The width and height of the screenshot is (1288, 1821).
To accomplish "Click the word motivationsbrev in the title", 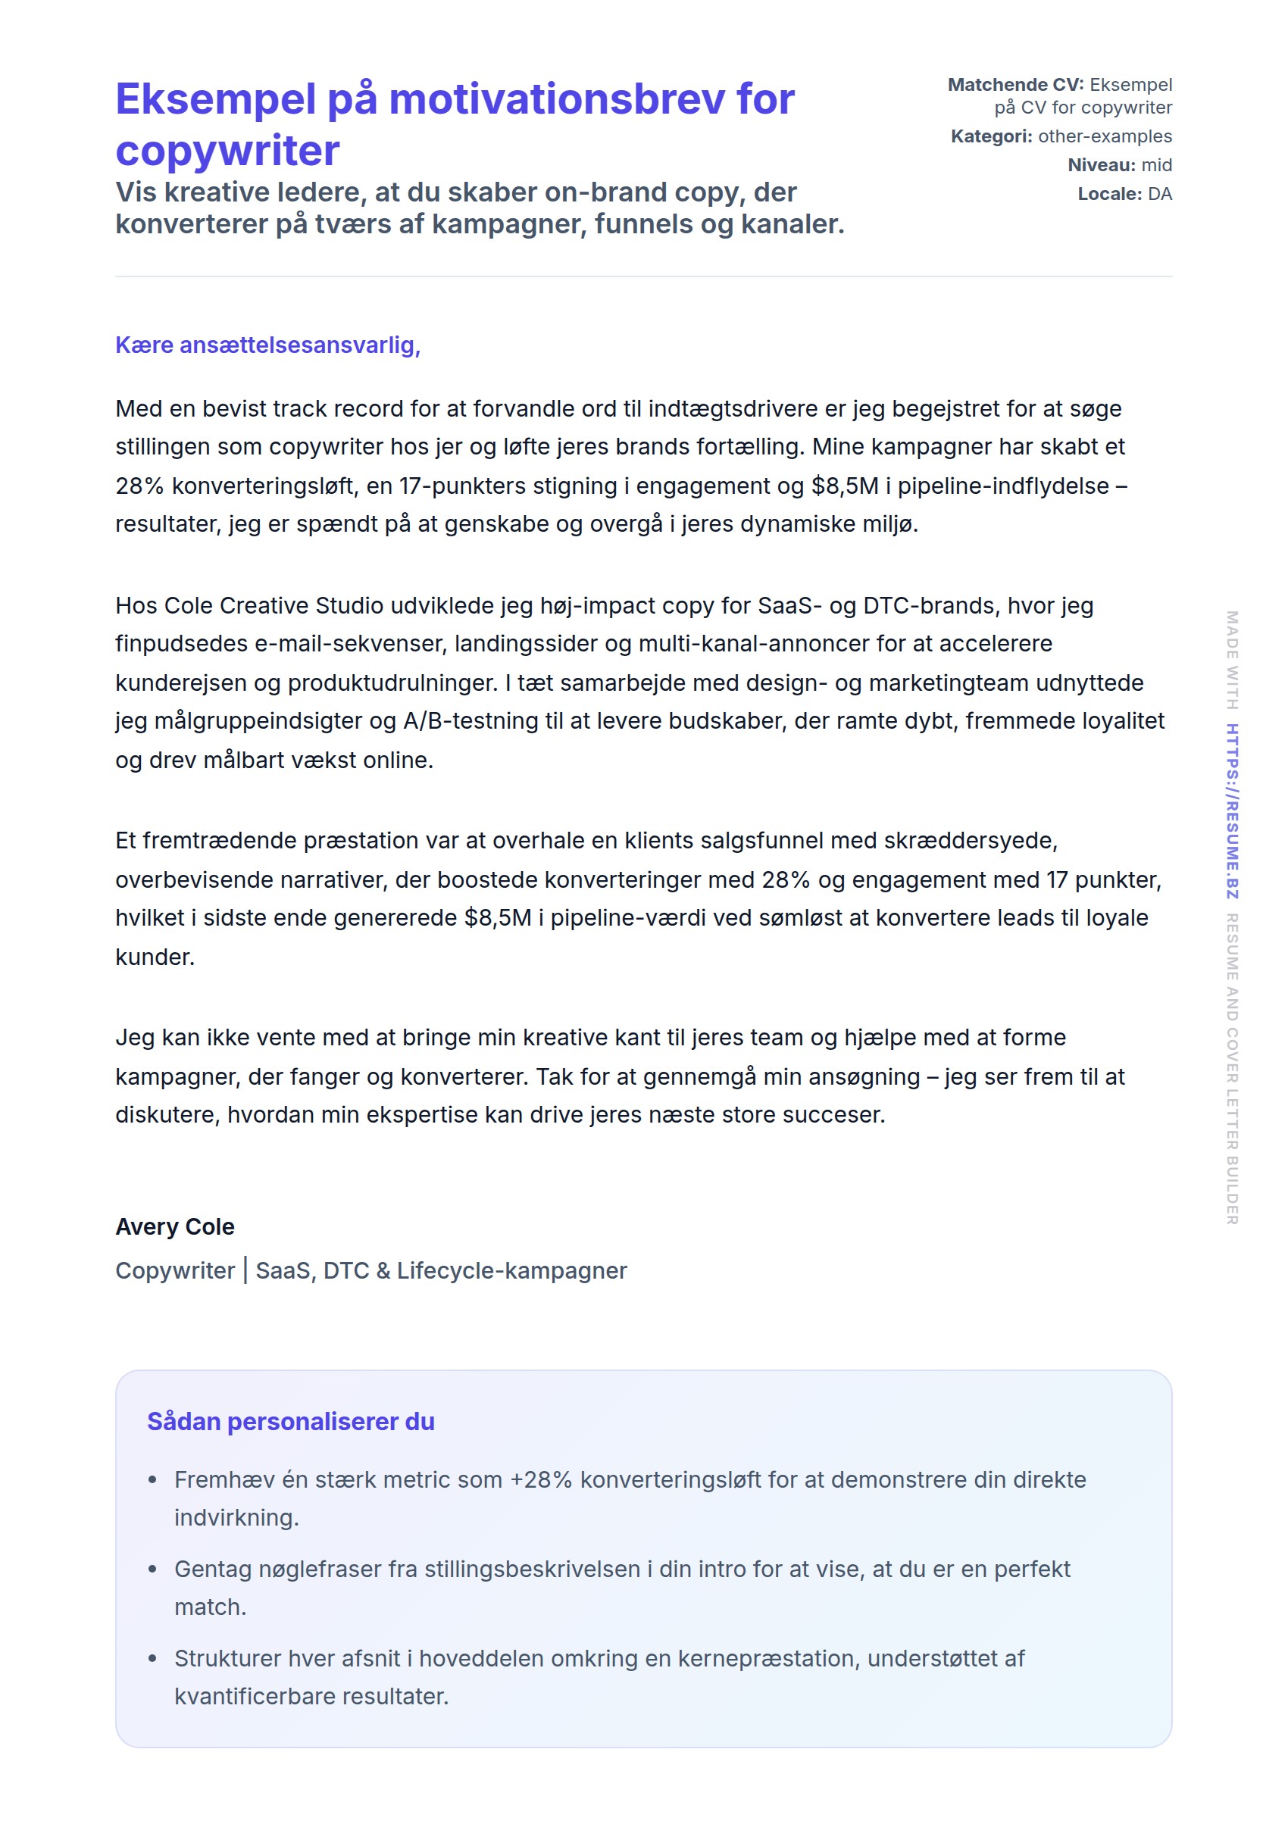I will click(558, 100).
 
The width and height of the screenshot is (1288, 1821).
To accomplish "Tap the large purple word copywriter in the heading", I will click(227, 151).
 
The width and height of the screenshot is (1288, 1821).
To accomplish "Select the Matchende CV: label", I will click(1015, 85).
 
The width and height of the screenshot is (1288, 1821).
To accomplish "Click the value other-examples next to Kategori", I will click(1104, 136).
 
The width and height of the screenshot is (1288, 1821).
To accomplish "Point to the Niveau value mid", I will click(1156, 165).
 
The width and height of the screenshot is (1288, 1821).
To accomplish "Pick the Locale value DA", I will click(1159, 195).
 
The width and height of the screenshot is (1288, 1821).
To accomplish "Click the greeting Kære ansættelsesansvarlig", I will click(267, 345).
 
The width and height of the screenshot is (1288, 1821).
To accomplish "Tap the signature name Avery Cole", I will click(174, 1226).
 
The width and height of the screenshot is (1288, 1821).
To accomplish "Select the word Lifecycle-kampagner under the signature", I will click(511, 1270).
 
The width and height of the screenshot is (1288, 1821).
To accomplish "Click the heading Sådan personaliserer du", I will click(290, 1421).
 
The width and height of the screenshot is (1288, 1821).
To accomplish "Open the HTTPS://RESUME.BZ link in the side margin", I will click(1232, 811).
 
